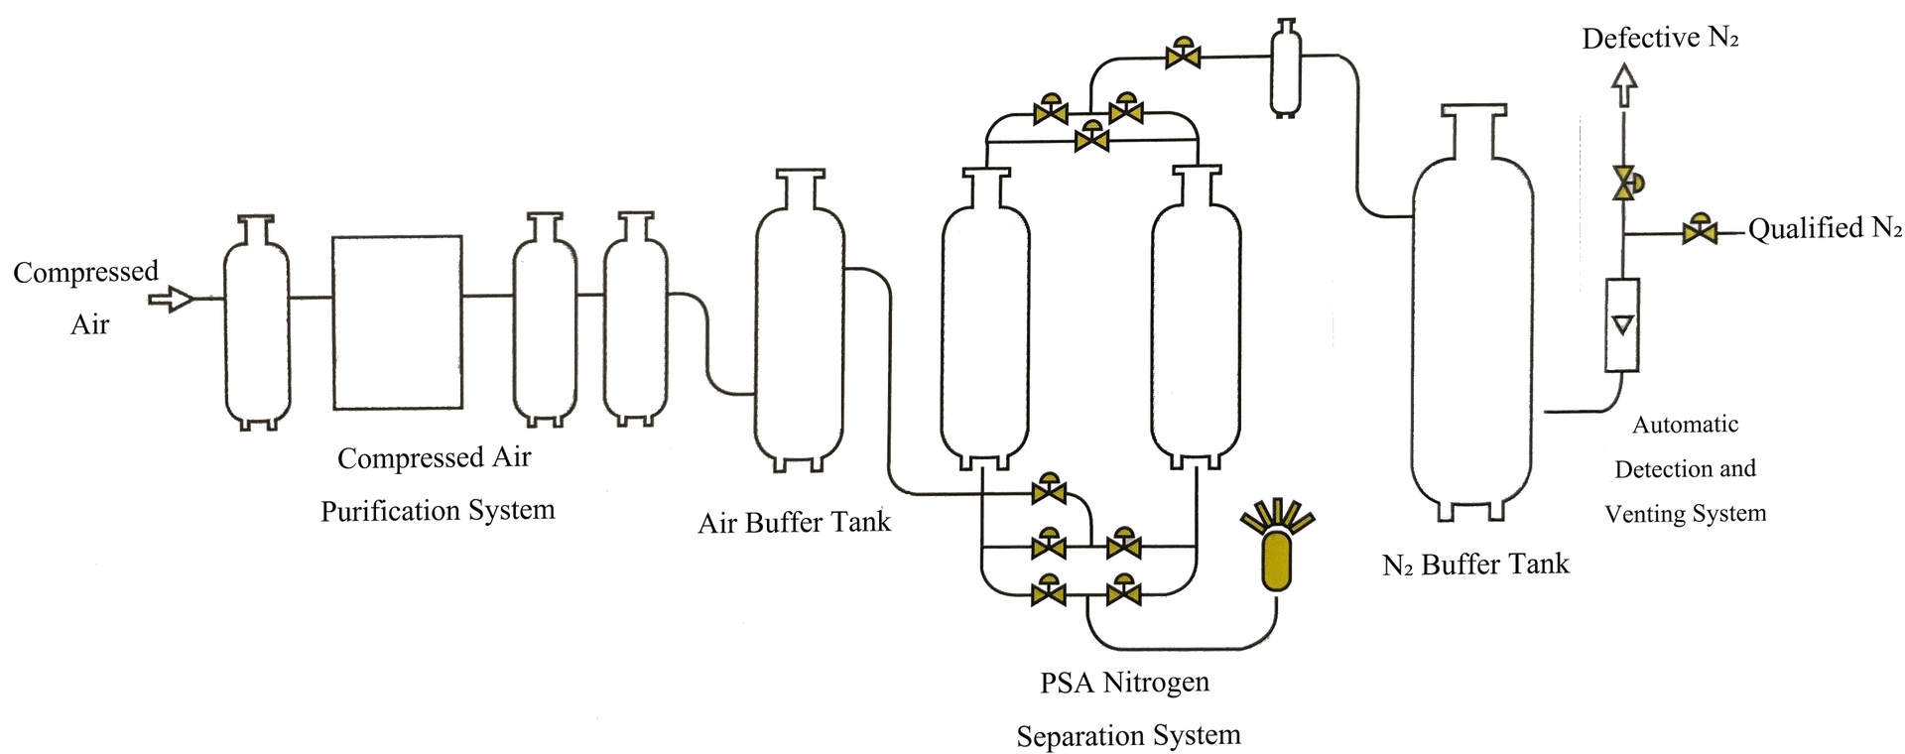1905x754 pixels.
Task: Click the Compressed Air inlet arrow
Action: click(172, 298)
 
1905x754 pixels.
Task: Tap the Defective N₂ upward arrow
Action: click(1623, 85)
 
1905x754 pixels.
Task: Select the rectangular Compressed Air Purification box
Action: click(397, 322)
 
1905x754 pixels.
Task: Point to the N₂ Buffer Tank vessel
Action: click(1472, 313)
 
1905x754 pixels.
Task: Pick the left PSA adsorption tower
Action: click(985, 317)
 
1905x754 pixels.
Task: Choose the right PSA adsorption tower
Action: click(1197, 317)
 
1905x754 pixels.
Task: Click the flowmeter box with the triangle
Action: click(1622, 325)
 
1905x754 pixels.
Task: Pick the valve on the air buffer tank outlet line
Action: click(1049, 488)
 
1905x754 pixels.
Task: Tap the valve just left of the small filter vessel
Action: click(1182, 54)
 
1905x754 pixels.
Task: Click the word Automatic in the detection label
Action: click(1686, 425)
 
